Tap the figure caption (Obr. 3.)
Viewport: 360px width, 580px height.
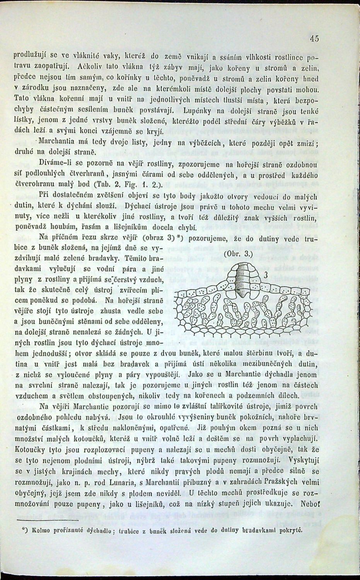point(238,254)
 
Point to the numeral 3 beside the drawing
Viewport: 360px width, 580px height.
point(266,275)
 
